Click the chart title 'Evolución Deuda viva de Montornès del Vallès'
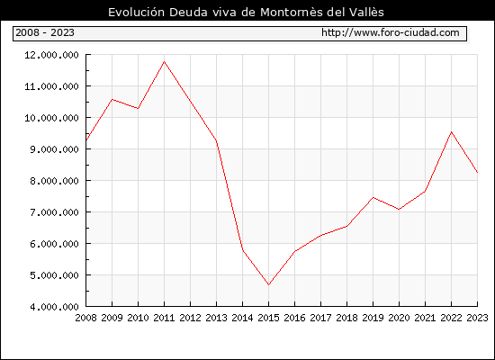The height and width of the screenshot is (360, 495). click(246, 12)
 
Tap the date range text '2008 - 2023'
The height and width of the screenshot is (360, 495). click(45, 32)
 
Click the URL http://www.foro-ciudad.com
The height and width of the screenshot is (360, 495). click(391, 32)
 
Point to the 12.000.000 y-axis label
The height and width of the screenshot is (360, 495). click(51, 55)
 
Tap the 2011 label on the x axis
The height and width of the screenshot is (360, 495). click(164, 318)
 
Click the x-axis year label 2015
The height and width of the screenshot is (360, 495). click(269, 318)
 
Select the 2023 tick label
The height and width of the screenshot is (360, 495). click(477, 318)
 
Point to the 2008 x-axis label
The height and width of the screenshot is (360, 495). click(85, 318)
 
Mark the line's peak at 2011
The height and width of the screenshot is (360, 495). click(164, 61)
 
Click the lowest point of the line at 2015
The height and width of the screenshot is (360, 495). click(269, 284)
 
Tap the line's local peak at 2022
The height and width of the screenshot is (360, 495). click(452, 132)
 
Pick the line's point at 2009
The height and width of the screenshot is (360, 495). click(112, 100)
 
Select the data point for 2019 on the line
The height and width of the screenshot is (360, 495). click(373, 197)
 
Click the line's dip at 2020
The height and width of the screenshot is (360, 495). click(399, 209)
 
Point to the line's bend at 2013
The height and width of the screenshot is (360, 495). click(216, 139)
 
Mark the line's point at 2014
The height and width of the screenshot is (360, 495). click(242, 250)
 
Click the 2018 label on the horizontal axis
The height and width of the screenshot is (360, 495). click(346, 318)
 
